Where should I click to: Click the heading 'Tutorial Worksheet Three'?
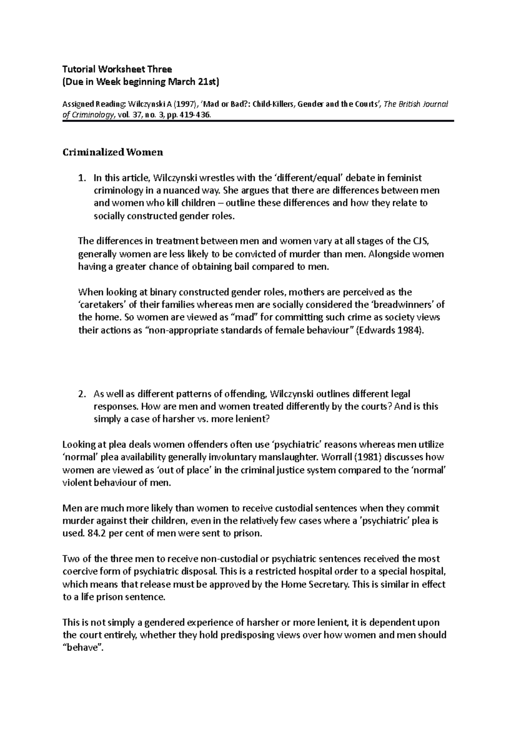pos(117,69)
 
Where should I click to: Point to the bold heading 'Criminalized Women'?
pos(113,152)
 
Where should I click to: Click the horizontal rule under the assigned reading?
pos(258,122)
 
